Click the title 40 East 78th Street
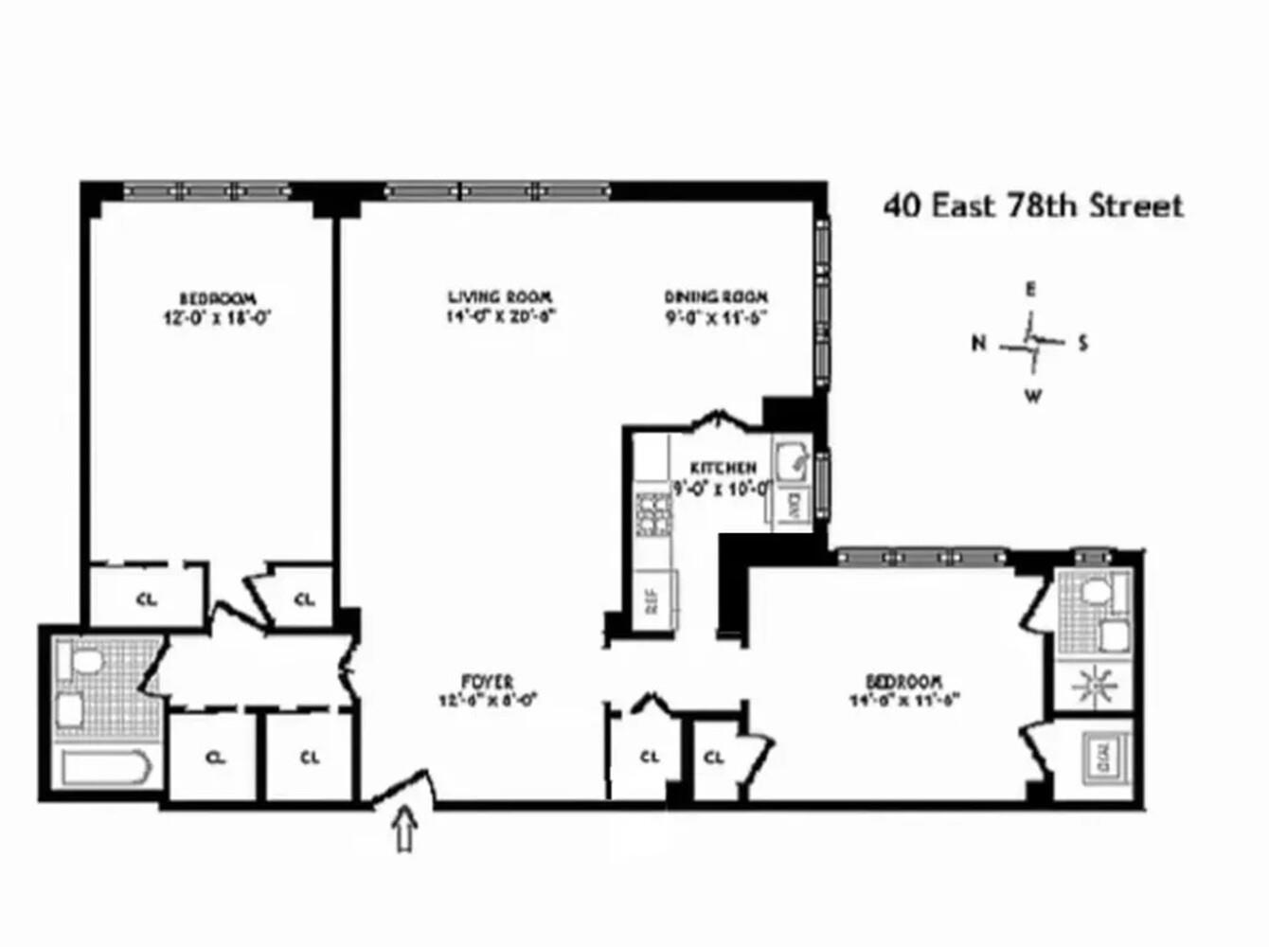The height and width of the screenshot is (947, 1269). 1033,205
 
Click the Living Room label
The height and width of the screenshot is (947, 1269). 500,297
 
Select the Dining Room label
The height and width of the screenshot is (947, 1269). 715,297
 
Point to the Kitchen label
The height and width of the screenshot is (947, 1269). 723,468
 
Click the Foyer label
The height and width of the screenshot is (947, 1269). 488,682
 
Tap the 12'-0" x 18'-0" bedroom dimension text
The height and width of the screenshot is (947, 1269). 218,319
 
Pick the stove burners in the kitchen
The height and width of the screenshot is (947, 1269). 652,515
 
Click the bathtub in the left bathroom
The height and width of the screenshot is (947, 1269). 105,769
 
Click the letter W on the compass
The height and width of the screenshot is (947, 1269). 1033,396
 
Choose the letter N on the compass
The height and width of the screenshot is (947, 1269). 978,343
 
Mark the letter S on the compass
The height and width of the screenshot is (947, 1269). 1082,343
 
